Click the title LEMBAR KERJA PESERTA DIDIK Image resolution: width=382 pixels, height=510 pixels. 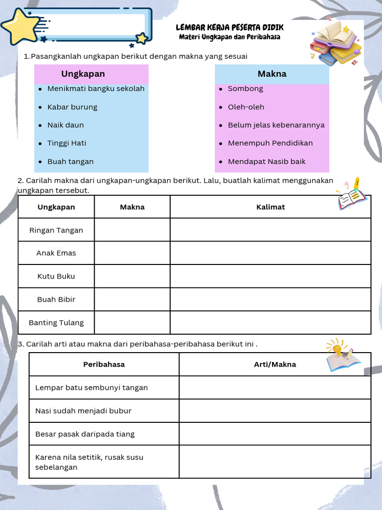click(230, 28)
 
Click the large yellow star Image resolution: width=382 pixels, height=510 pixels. click(21, 26)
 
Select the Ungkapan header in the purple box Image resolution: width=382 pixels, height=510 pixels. click(83, 74)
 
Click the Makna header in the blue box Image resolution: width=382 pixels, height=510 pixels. click(272, 74)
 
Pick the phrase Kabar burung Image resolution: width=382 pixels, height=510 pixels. click(72, 107)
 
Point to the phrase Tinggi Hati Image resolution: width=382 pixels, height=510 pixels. click(67, 143)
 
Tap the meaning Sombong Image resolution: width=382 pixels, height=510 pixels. click(245, 89)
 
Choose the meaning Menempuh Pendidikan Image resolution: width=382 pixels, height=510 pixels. click(270, 143)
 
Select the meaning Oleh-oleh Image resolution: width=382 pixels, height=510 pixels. click(246, 107)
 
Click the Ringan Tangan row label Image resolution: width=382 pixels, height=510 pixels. click(56, 230)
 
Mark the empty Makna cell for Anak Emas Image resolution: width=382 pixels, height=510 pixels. click(132, 253)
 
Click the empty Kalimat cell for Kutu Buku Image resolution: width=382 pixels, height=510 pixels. click(270, 276)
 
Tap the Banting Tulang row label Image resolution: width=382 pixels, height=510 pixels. click(56, 323)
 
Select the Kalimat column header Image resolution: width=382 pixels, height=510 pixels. click(270, 207)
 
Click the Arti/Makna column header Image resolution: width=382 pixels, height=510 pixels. click(275, 365)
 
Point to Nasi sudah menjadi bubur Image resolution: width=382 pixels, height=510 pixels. click(83, 411)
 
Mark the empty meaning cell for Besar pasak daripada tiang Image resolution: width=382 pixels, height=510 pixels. click(275, 434)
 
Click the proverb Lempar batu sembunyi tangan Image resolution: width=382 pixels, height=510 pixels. click(92, 387)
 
